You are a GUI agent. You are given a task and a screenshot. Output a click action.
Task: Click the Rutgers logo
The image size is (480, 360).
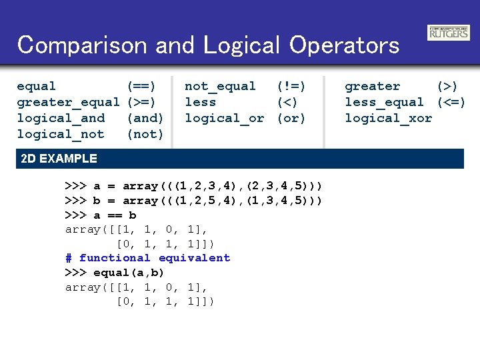(x=448, y=33)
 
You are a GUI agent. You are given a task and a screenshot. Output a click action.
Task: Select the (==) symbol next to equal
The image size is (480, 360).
(x=141, y=86)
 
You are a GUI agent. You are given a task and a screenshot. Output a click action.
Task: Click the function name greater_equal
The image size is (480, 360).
(x=68, y=102)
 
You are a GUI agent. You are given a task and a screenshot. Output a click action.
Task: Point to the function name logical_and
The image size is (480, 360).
(x=61, y=118)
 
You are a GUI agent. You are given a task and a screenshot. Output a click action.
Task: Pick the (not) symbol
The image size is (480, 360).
(x=145, y=134)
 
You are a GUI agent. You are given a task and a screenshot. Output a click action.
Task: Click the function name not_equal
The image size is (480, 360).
(x=220, y=86)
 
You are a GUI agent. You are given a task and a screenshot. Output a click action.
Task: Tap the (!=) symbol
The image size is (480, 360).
(x=291, y=86)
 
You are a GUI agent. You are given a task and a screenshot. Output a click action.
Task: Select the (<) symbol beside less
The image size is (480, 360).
(x=287, y=102)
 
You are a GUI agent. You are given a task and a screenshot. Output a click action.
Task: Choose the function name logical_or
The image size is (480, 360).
(x=224, y=118)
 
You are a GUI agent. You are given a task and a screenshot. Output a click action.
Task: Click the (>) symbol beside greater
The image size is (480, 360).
(x=447, y=86)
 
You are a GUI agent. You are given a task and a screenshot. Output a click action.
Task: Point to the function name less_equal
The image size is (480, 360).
(x=384, y=102)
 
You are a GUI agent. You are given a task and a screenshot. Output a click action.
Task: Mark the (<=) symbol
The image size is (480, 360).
(x=451, y=102)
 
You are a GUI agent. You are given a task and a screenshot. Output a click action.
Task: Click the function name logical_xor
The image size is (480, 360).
(x=388, y=118)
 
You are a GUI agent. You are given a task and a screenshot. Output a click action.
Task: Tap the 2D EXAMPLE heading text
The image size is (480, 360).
(x=59, y=159)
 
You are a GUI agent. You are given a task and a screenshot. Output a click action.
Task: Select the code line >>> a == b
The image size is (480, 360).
(x=101, y=215)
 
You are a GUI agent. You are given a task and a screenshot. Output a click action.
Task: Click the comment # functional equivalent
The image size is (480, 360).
(x=147, y=258)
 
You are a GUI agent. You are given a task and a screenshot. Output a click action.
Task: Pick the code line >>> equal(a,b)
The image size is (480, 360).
(x=115, y=273)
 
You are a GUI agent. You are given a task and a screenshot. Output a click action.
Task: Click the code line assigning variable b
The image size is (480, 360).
(x=194, y=201)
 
